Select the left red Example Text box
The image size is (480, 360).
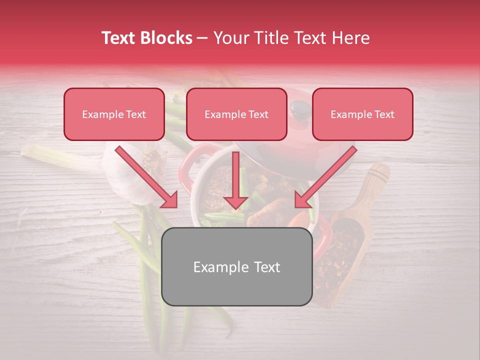tap(114, 114)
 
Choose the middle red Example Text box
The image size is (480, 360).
tap(236, 114)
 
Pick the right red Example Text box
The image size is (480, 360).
tap(362, 114)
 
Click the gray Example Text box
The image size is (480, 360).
tap(236, 266)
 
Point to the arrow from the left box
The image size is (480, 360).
tap(147, 177)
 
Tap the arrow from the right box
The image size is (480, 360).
tap(325, 177)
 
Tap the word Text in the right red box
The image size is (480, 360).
tap(384, 114)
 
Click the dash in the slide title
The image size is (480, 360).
tap(202, 38)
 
